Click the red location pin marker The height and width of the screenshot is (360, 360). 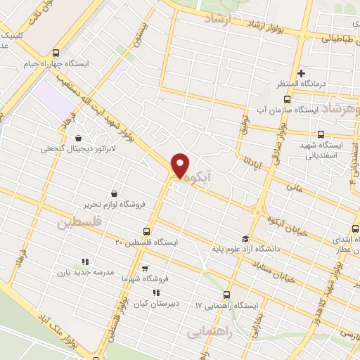pos(181,166)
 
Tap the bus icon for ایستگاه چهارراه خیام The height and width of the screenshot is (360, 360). pos(56,52)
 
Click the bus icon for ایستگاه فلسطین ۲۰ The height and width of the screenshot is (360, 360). pos(146,231)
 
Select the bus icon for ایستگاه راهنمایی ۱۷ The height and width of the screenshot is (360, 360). pos(226,295)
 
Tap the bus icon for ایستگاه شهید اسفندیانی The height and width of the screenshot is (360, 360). pos(321,134)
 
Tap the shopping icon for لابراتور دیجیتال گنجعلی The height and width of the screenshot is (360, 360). pos(76,139)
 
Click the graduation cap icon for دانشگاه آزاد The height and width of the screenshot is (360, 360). pos(245,238)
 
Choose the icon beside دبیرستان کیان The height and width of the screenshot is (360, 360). pos(155,292)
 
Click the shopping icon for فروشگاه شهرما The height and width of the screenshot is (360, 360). pos(145,268)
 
